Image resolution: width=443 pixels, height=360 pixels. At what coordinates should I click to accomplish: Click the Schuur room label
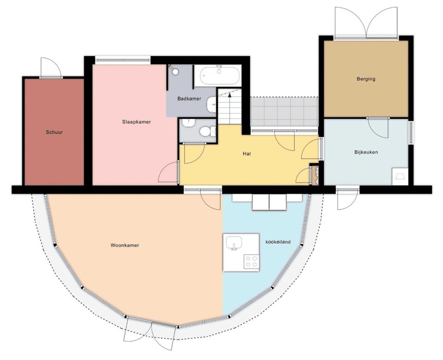coord(54,132)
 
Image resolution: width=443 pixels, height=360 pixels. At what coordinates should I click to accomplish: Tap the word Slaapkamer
coord(137,122)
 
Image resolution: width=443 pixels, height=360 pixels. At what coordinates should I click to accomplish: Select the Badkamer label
coord(189,99)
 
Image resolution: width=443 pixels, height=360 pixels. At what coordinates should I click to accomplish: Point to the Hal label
coord(246,154)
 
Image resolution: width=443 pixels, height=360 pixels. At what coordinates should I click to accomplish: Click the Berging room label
coord(366,79)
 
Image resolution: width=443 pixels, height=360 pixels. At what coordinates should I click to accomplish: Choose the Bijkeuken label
coord(366,152)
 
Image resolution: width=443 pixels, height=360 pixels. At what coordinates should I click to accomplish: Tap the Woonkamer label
coord(125,245)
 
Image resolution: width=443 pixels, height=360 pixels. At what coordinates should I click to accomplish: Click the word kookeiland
coord(278,242)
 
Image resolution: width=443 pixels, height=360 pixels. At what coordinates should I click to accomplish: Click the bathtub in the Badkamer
coord(219,75)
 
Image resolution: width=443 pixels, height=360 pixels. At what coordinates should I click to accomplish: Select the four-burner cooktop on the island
coord(251,261)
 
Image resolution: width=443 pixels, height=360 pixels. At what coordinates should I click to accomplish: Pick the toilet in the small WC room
coord(207,131)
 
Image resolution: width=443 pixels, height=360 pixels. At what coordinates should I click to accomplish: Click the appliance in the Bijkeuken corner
coord(400,177)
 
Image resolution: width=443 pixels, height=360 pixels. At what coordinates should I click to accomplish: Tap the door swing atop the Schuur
coord(51,68)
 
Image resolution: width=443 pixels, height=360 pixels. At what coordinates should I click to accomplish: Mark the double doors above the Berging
coord(366,23)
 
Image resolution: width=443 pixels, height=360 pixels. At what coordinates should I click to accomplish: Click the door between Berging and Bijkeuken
coord(378,128)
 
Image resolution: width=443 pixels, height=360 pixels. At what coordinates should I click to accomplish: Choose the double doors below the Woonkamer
coord(150,333)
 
